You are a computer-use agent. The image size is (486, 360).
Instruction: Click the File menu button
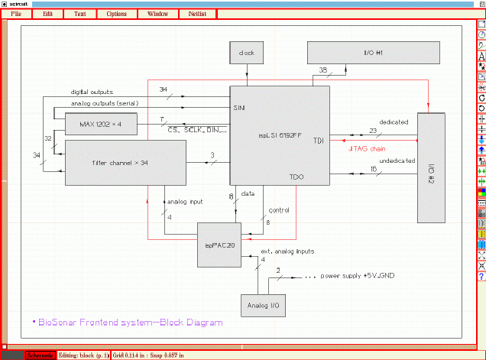click(16, 14)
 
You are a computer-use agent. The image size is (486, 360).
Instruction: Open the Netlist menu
click(197, 14)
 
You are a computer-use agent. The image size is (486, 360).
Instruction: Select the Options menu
click(117, 14)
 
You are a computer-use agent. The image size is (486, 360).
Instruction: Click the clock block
click(246, 54)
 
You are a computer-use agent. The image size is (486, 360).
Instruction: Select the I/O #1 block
click(373, 54)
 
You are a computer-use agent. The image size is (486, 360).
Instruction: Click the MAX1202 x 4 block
click(99, 123)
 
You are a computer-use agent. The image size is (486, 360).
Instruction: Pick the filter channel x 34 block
click(125, 162)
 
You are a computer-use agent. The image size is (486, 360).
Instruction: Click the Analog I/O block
click(264, 305)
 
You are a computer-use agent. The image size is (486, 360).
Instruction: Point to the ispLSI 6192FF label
click(280, 135)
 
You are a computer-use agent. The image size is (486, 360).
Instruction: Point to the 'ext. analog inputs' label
click(288, 251)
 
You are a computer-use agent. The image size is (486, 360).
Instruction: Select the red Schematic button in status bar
click(40, 355)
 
